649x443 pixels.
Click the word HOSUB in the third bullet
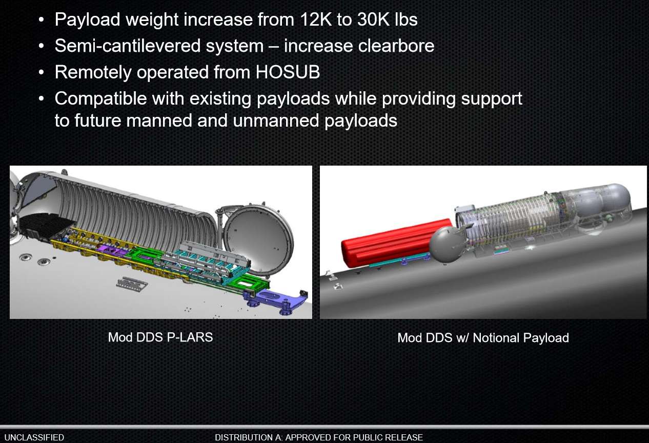coord(288,72)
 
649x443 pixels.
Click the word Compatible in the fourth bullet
coord(100,98)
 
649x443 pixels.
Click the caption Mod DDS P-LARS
coord(160,337)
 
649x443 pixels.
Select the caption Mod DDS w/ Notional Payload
coord(483,338)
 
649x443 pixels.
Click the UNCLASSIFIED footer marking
coord(34,437)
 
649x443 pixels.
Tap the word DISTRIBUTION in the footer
coord(249,437)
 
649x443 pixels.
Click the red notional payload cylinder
coord(396,243)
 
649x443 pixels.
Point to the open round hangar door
coord(258,239)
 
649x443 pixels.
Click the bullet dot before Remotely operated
coord(41,72)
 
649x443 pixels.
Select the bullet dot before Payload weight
coord(41,19)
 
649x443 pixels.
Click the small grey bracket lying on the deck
coord(132,283)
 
